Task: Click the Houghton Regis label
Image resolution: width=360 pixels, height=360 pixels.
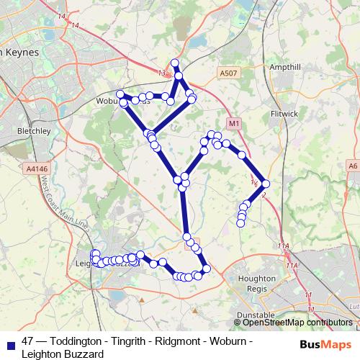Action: pos(256,283)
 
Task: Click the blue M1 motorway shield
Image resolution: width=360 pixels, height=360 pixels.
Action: pos(233,124)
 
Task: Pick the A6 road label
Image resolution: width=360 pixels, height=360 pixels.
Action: pos(352,166)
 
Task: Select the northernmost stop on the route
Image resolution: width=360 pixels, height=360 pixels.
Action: pos(174,63)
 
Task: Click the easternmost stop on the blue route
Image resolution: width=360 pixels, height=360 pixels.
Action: pos(266,184)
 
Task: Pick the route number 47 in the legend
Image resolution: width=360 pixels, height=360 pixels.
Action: pos(28,341)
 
